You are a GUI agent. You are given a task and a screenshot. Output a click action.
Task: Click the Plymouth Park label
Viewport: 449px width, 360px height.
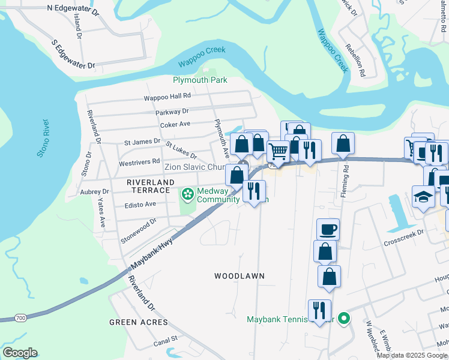[200, 80]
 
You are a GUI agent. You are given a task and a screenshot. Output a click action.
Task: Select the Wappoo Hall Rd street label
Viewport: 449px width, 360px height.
[167, 96]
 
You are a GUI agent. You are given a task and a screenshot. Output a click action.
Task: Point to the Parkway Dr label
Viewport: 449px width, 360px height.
[172, 111]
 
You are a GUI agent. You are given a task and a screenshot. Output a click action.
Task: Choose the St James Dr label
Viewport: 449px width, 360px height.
[142, 142]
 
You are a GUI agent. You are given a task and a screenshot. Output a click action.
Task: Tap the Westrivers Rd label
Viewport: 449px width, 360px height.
[139, 163]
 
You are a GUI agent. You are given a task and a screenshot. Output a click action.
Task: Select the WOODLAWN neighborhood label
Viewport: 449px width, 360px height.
[240, 276]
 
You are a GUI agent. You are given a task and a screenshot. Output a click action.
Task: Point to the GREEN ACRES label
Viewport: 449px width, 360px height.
[139, 322]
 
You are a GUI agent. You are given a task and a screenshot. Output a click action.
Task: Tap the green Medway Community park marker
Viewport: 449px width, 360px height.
[187, 194]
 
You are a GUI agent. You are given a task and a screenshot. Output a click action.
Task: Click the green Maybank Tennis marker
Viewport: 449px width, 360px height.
[344, 319]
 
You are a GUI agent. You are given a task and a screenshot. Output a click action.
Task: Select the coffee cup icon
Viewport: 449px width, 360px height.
[328, 229]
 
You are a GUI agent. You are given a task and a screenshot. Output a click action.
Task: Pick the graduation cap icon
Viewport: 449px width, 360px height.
[423, 196]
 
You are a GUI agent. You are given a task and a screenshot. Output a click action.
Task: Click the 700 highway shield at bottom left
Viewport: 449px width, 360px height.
[21, 317]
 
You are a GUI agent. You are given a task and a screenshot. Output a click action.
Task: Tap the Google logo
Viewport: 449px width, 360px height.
[20, 353]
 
